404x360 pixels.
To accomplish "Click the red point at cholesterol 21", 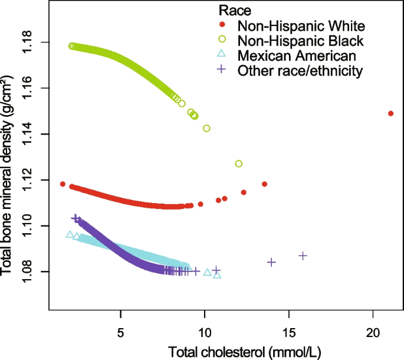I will click(390, 113).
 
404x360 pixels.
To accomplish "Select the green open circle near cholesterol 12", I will click(239, 163).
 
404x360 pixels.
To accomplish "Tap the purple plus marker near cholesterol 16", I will click(303, 256).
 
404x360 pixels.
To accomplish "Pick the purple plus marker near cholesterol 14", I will click(272, 261).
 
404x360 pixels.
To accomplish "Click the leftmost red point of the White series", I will click(63, 184).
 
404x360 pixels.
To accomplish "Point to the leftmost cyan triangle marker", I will click(70, 234).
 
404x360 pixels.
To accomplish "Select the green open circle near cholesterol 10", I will click(206, 128).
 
